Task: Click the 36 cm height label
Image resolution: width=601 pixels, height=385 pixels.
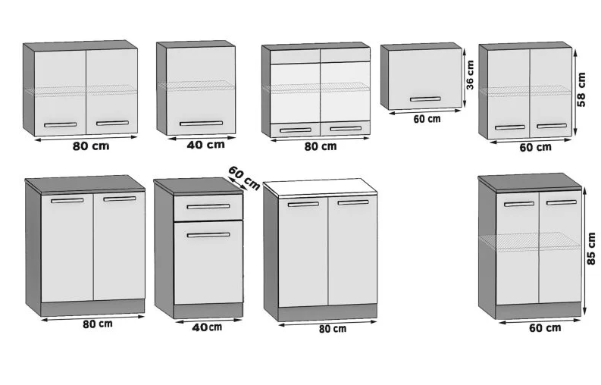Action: (471, 75)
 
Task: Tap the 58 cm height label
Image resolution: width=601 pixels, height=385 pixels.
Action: (581, 89)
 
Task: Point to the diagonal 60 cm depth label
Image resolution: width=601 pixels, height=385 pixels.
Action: (244, 177)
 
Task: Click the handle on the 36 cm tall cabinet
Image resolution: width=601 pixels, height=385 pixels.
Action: (425, 99)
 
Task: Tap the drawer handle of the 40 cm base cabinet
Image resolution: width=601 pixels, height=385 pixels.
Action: (208, 207)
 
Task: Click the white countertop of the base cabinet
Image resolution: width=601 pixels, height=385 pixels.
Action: (321, 186)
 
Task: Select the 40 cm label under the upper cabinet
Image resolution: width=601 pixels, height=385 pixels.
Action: (206, 145)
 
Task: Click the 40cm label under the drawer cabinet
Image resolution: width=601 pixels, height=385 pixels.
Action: (207, 327)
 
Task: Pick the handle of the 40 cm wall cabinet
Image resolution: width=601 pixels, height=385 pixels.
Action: (202, 124)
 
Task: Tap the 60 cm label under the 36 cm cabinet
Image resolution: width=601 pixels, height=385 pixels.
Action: (427, 119)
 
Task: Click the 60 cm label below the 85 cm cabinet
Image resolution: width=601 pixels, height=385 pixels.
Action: (545, 328)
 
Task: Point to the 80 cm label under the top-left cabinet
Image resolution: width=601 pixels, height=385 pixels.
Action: (91, 146)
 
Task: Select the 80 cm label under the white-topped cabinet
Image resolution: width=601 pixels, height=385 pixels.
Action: (333, 329)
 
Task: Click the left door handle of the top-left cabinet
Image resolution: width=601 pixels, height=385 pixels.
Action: (60, 124)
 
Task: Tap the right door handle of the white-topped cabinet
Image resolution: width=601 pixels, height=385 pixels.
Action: (353, 202)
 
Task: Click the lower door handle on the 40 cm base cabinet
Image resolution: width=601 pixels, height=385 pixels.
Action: (208, 235)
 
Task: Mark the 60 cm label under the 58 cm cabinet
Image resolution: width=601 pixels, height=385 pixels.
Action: (536, 147)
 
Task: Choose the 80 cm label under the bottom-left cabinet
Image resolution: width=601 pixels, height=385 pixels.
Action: (98, 324)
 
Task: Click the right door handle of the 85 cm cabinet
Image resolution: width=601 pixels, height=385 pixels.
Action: (562, 202)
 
